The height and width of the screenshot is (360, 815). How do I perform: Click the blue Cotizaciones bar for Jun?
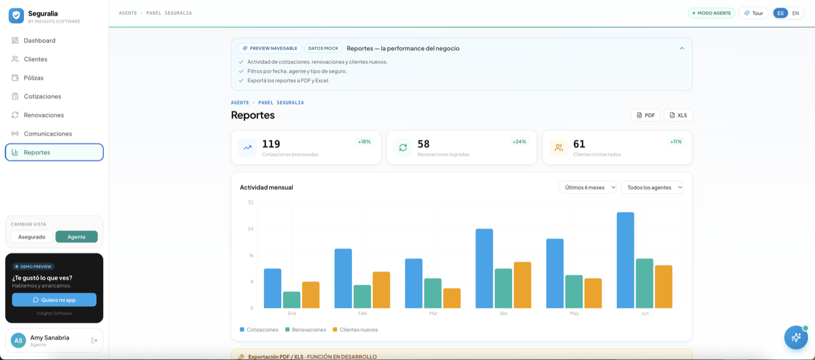625,260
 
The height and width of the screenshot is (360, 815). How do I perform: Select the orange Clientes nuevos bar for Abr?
522,285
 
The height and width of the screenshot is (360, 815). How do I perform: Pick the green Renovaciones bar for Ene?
291,300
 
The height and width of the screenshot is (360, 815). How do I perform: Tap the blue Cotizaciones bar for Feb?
343,278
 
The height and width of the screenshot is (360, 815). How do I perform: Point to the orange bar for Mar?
452,298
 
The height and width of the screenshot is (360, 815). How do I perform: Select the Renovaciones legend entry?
306,330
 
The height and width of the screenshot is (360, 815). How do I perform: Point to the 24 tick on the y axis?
250,229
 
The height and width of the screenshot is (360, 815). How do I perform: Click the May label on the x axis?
574,314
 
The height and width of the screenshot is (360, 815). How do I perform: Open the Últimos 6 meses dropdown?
587,187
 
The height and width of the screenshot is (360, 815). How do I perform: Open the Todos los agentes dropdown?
651,187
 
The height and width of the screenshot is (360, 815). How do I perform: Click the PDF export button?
645,115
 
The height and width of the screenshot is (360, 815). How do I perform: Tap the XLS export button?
678,115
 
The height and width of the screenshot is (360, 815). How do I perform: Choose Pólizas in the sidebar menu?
33,78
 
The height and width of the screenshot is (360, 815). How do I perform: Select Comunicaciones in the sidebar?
48,134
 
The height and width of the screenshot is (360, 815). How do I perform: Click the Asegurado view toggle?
32,237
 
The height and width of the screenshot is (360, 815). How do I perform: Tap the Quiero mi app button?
54,300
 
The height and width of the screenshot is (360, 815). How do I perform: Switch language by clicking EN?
796,13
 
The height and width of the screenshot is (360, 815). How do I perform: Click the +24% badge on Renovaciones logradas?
519,142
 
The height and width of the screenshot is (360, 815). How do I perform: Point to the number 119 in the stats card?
271,144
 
